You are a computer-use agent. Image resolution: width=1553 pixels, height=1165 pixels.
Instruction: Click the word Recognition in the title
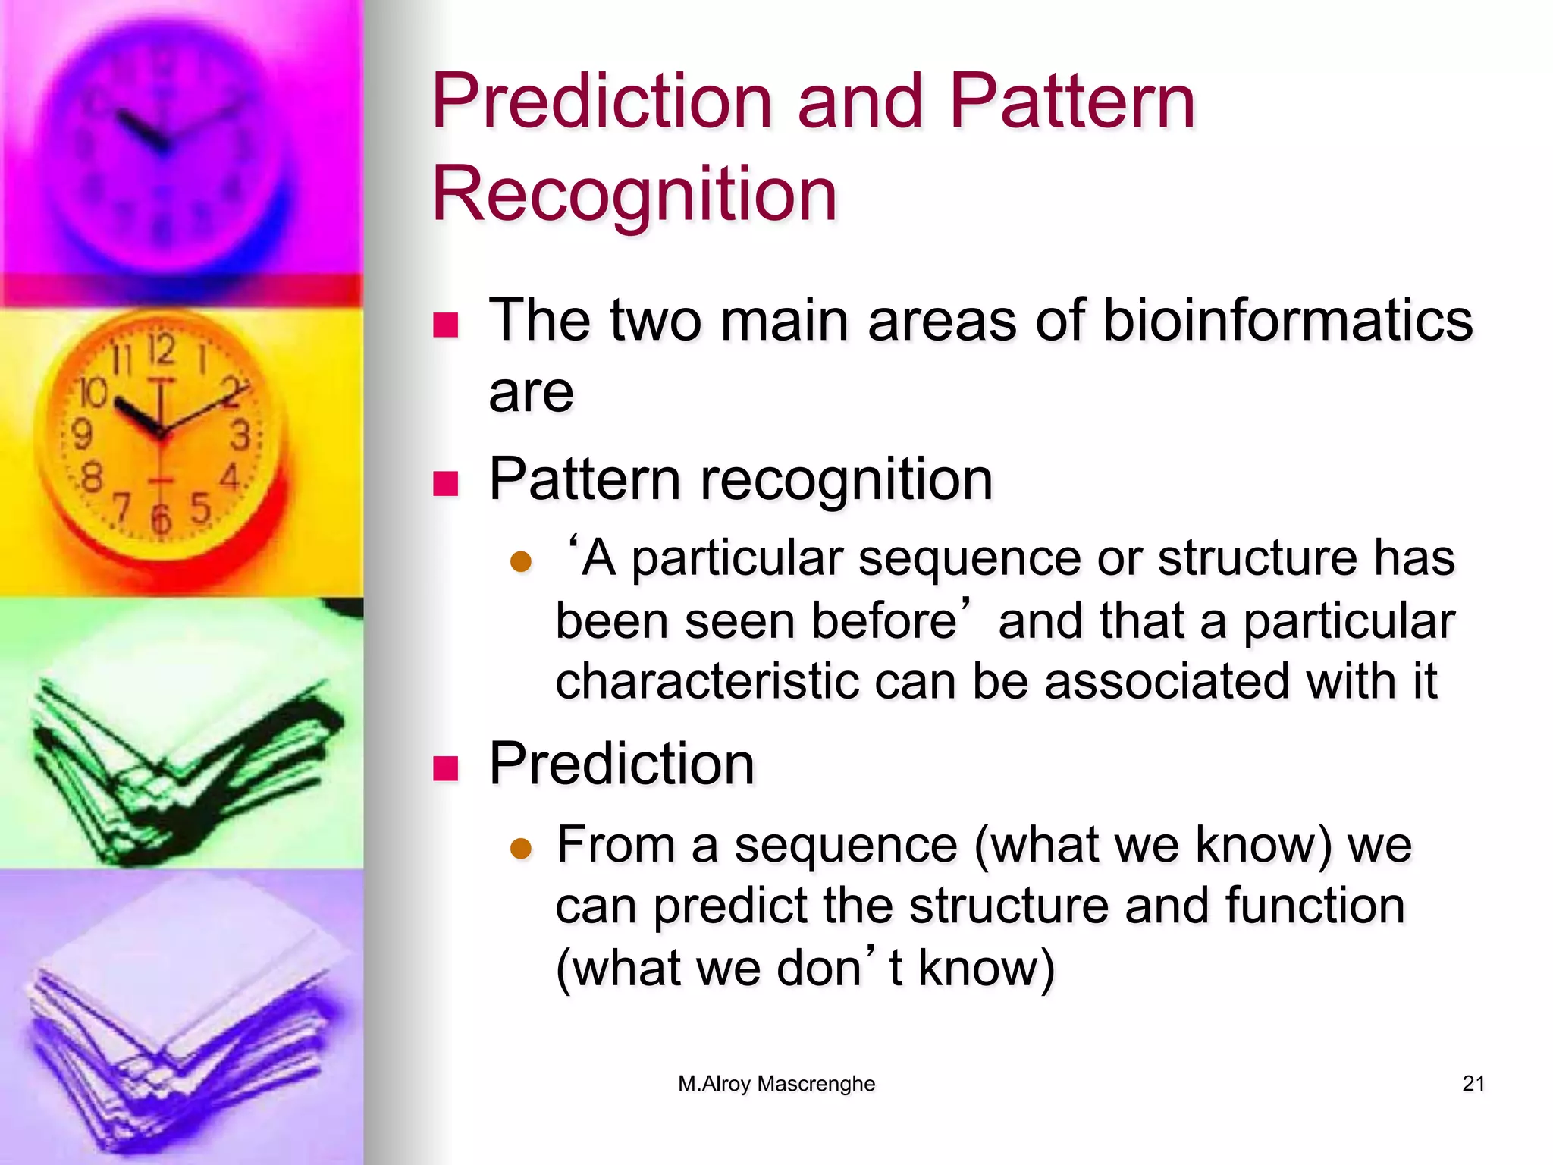[x=634, y=194]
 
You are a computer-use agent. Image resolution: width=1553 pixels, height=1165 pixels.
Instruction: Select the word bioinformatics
[x=1287, y=320]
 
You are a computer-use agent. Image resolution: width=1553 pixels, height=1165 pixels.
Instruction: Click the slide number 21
[x=1473, y=1083]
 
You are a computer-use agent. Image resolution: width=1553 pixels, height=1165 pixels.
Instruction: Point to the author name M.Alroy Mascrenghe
[x=776, y=1083]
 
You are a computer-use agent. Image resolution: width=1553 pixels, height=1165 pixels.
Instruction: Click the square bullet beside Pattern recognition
[x=446, y=482]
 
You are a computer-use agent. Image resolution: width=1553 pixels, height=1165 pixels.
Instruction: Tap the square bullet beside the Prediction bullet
[x=446, y=768]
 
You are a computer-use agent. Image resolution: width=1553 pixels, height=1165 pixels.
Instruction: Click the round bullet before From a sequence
[x=521, y=848]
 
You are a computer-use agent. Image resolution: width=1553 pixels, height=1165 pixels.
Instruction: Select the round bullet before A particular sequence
[x=521, y=562]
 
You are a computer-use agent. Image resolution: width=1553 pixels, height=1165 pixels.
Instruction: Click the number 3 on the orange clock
[x=240, y=435]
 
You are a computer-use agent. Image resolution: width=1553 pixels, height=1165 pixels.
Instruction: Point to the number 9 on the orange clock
[x=81, y=434]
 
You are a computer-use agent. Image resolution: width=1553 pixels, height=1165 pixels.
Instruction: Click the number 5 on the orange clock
[x=200, y=507]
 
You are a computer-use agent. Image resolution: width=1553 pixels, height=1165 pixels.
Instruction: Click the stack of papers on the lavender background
[x=182, y=1016]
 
